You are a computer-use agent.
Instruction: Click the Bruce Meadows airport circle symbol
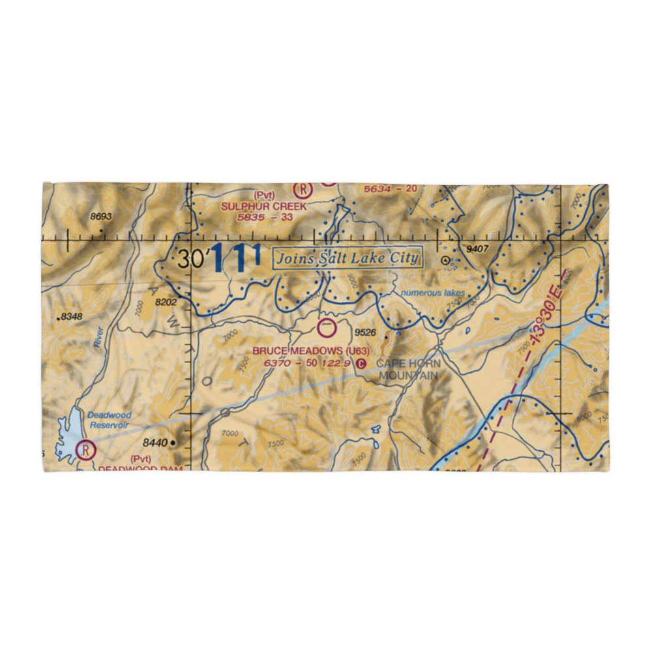coord(327,328)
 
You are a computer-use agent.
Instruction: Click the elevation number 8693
coord(101,216)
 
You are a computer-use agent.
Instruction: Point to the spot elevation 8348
coord(72,317)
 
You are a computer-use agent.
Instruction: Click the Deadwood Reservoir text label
coord(110,420)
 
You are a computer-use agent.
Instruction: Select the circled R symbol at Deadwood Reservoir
coord(85,449)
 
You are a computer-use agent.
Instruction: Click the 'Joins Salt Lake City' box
coord(347,258)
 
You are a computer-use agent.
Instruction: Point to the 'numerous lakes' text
coord(433,293)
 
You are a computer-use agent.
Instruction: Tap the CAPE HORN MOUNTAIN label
coord(409,369)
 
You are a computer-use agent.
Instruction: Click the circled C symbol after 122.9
coord(363,364)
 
